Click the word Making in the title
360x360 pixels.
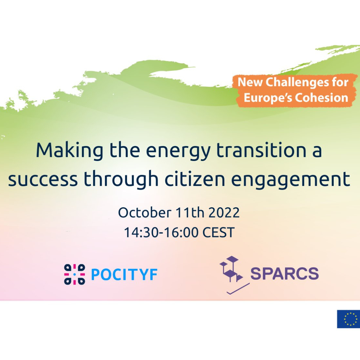(x=70, y=151)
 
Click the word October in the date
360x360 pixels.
(x=145, y=212)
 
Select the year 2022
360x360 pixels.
(x=224, y=213)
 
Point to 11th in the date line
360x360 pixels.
(x=190, y=212)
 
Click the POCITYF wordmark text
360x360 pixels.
(x=124, y=274)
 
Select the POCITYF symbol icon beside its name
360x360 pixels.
(x=74, y=274)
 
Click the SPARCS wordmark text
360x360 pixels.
(x=284, y=273)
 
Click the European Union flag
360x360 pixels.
(x=349, y=319)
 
